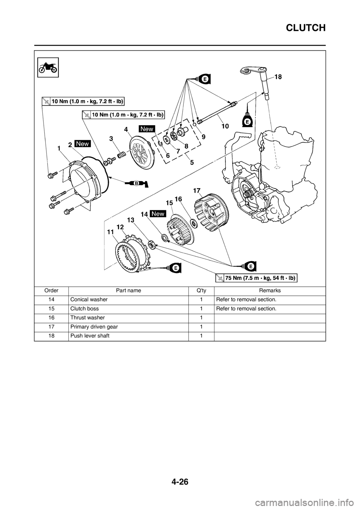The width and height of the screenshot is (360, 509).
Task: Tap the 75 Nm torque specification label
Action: pyautogui.click(x=256, y=278)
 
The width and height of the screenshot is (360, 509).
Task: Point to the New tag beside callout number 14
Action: pyautogui.click(x=158, y=213)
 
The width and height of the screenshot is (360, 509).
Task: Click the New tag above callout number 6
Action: pyautogui.click(x=147, y=129)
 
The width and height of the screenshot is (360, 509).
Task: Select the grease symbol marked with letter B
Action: pyautogui.click(x=136, y=183)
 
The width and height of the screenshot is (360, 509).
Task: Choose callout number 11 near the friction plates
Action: pyautogui.click(x=109, y=232)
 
